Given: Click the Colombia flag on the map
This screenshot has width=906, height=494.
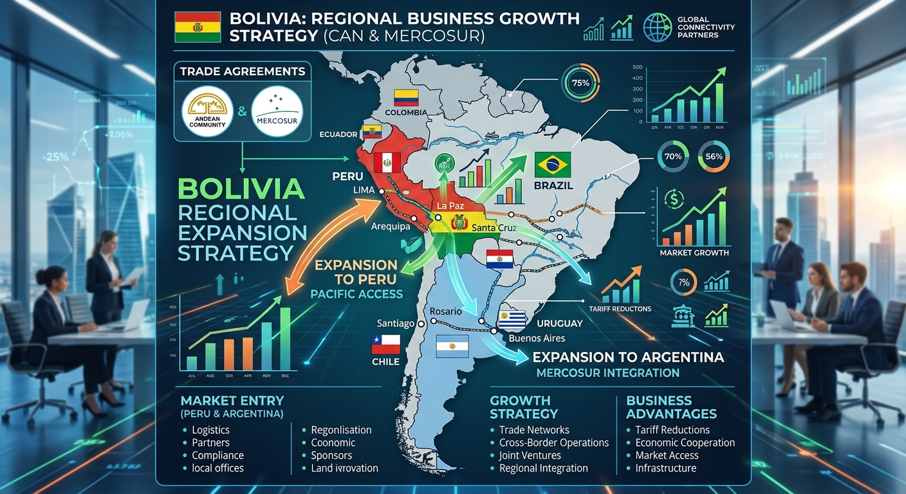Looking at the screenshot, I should coord(407,98).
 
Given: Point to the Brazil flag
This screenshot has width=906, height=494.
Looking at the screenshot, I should coord(553,165).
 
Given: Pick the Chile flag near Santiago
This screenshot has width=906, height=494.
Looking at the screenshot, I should coord(386,345).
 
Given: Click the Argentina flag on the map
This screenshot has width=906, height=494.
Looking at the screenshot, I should coord(452,346).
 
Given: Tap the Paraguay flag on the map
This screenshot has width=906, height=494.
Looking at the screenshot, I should coord(499,259).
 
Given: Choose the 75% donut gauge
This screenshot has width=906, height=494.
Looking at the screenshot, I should coord(580,83).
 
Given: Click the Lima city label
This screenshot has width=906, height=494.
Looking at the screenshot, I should coord(364,190).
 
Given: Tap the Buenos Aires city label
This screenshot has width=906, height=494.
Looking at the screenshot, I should coord(536,338).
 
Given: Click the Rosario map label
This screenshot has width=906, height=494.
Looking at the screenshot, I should coord(445,311).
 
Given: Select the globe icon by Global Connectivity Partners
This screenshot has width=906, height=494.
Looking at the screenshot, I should coord(658,27).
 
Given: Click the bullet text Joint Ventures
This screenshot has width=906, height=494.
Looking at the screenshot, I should coord(530,455).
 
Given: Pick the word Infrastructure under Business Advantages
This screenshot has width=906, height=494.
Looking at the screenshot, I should coord(665,468).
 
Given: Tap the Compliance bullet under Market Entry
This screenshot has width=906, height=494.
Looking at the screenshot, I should coord(217,455).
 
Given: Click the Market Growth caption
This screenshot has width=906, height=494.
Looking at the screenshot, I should coord(694,253).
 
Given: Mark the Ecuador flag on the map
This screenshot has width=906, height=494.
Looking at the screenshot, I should coord(372,133).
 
